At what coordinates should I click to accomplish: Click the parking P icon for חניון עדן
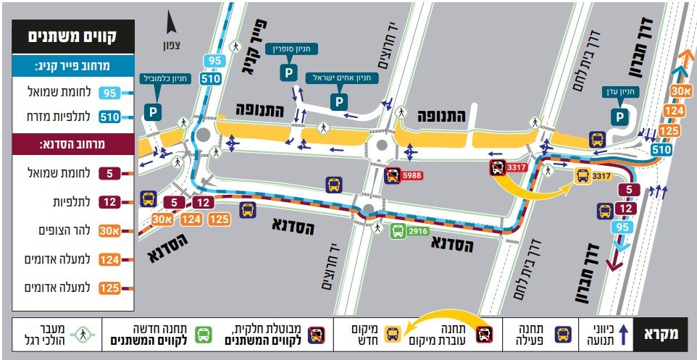pyautogui.click(x=620, y=116)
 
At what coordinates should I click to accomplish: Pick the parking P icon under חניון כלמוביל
pyautogui.click(x=152, y=112)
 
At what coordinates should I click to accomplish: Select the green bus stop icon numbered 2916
pyautogui.click(x=398, y=232)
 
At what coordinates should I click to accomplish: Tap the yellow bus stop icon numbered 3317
pyautogui.click(x=583, y=175)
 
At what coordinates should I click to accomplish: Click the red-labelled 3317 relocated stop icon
pyautogui.click(x=498, y=169)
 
